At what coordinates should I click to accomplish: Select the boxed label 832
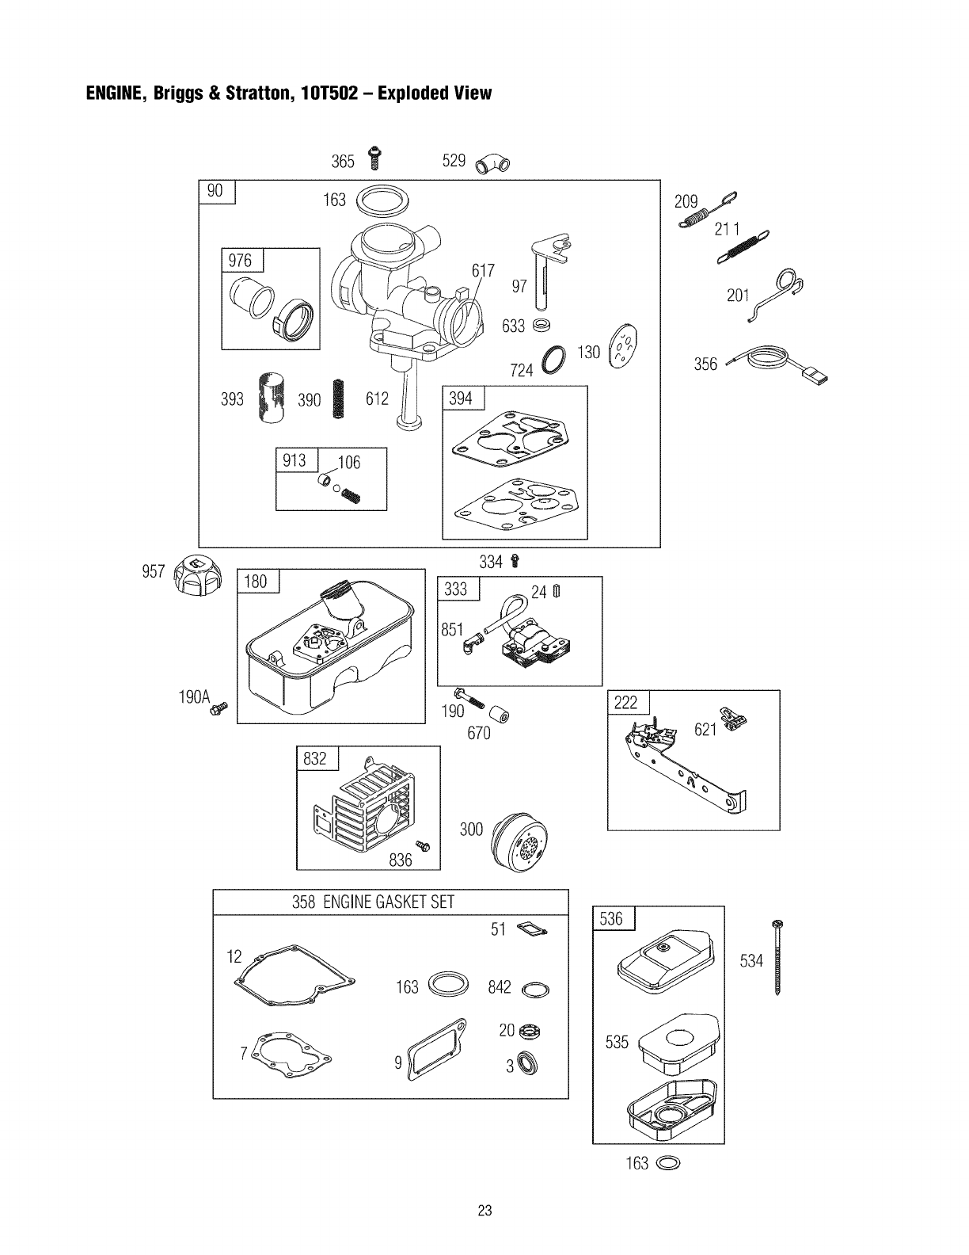[x=316, y=759]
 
